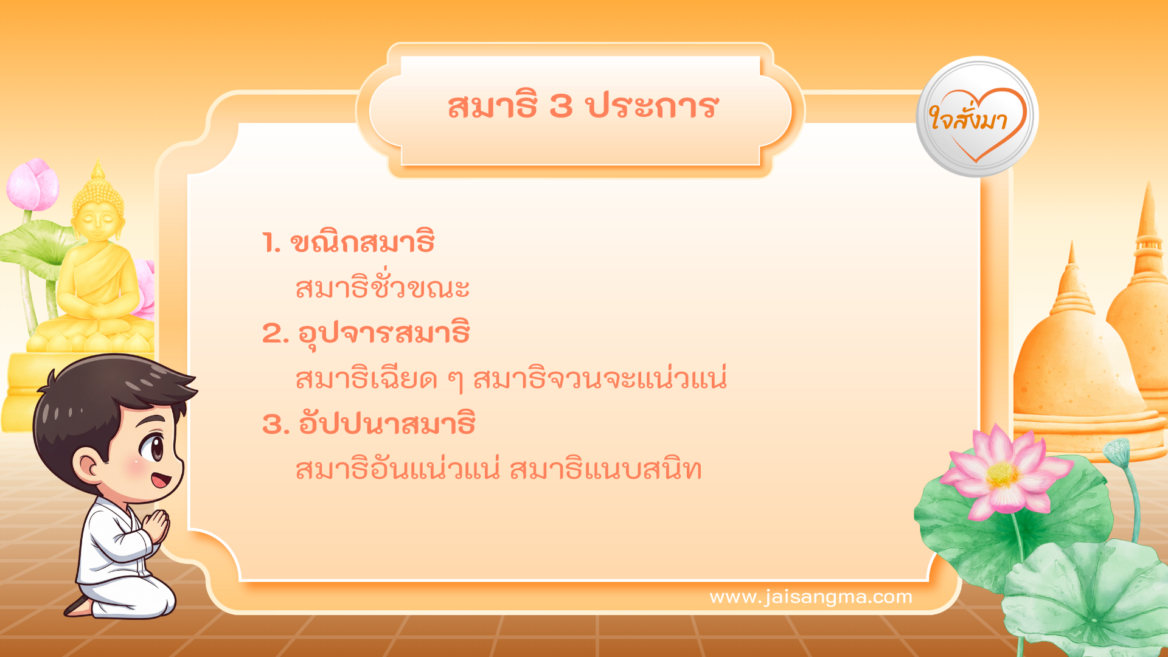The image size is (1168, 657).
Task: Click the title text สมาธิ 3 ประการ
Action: (x=583, y=106)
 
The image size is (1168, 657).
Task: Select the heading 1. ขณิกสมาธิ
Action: (x=348, y=243)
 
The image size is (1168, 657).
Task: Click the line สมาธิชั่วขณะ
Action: (x=382, y=287)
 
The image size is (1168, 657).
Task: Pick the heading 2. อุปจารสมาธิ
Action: (x=366, y=333)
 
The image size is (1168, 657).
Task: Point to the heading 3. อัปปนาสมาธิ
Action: (x=368, y=424)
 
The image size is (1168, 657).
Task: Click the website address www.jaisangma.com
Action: (x=810, y=597)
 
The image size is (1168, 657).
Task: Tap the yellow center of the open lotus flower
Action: (x=1002, y=475)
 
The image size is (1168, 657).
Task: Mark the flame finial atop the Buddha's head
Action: (x=98, y=171)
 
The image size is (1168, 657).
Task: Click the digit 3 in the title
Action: (x=561, y=106)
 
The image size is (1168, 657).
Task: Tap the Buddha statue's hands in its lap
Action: (x=97, y=310)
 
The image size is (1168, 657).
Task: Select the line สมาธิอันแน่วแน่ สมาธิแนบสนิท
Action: (x=498, y=470)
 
